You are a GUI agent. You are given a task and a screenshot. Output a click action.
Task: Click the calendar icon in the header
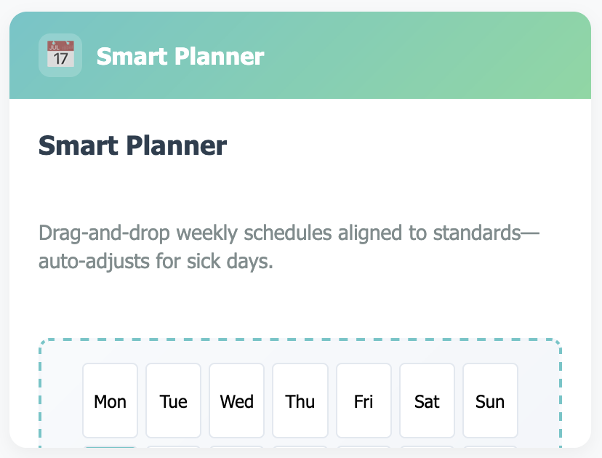click(x=60, y=55)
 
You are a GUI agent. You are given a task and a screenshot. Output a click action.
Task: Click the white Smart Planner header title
click(x=180, y=56)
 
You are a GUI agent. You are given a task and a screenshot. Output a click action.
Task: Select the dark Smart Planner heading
click(x=132, y=145)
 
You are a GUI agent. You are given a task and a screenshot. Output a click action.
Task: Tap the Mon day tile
click(x=111, y=401)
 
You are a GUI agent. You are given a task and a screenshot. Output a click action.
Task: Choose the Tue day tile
click(x=174, y=401)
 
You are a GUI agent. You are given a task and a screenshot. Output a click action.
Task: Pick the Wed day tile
click(x=237, y=401)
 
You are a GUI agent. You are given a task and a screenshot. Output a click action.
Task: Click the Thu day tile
click(x=300, y=401)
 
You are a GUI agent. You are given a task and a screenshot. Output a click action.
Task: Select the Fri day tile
click(x=364, y=401)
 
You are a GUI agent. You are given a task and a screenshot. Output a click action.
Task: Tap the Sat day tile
click(x=427, y=401)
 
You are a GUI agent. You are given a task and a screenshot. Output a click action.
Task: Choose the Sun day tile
click(x=490, y=401)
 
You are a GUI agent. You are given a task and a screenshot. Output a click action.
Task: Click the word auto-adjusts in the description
click(x=95, y=261)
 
